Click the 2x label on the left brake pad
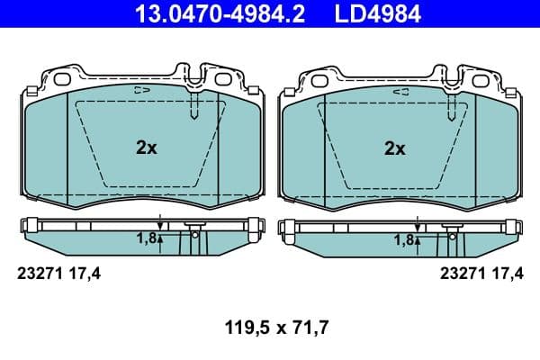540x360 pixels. [x=146, y=148]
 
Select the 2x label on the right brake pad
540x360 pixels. [x=394, y=148]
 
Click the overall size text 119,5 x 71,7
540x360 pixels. [x=269, y=329]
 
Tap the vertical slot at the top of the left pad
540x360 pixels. [x=194, y=106]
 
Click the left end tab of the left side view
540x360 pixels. [x=31, y=226]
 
